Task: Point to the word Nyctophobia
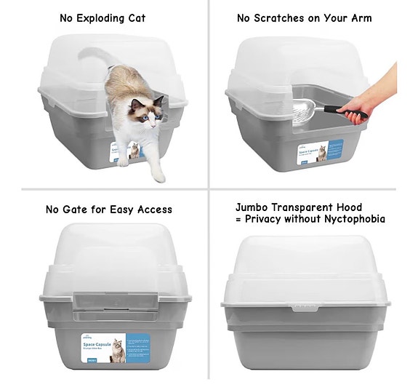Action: [354, 219]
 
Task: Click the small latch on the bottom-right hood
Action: [305, 308]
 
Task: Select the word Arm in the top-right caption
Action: [360, 17]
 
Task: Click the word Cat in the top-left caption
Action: [135, 17]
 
